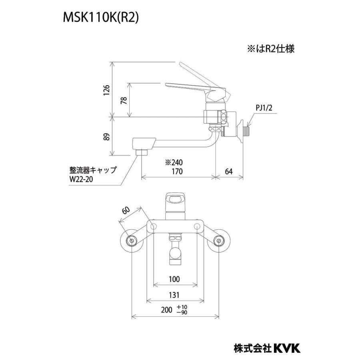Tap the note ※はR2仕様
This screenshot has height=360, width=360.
(270, 49)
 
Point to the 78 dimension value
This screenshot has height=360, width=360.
(123, 100)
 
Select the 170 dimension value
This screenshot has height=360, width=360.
(177, 172)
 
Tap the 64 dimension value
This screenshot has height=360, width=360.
(228, 172)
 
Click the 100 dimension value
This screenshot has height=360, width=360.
(174, 279)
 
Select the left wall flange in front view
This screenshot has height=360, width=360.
(131, 240)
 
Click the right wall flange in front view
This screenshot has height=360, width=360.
(219, 240)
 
